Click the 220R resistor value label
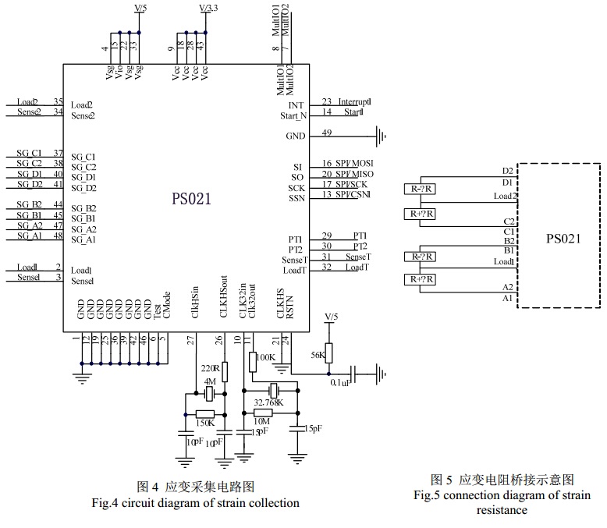(x=211, y=367)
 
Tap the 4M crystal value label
(x=208, y=381)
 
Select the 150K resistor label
(x=204, y=422)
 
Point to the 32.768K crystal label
(x=268, y=403)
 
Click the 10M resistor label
(x=263, y=422)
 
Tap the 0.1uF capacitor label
(x=339, y=383)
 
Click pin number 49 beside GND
(x=326, y=133)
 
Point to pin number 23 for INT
(x=326, y=101)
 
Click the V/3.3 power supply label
(x=209, y=8)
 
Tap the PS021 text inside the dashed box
(x=563, y=239)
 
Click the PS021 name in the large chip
(x=191, y=199)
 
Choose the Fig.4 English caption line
(x=194, y=502)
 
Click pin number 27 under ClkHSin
(x=190, y=339)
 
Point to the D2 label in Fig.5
(x=508, y=170)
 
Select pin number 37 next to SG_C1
(x=58, y=152)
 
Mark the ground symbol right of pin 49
(x=382, y=137)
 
